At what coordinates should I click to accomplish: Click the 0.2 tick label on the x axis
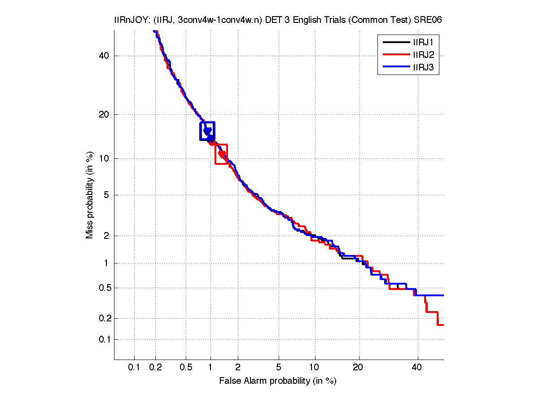click(156, 368)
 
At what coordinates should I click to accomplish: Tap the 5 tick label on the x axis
click(279, 368)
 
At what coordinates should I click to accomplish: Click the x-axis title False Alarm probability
click(278, 381)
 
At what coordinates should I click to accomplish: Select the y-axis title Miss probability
click(90, 195)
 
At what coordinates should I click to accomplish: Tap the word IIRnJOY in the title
click(130, 20)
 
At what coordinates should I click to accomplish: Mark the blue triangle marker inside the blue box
click(207, 131)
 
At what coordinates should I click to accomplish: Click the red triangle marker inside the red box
click(222, 154)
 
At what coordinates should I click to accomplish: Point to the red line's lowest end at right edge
click(442, 325)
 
